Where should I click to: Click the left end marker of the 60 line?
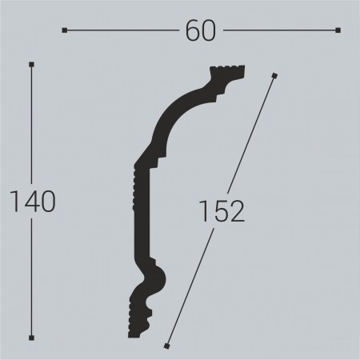[x=64, y=30]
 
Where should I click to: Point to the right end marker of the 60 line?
[x=338, y=30]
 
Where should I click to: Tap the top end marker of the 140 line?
[x=31, y=64]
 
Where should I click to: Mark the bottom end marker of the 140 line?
[x=31, y=337]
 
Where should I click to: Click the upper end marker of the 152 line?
[x=274, y=76]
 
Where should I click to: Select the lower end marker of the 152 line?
[x=166, y=346]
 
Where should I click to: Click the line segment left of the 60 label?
[x=120, y=30]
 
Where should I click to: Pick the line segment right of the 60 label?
[x=280, y=30]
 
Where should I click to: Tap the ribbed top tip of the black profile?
[x=227, y=73]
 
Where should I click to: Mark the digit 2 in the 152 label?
[x=234, y=211]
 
